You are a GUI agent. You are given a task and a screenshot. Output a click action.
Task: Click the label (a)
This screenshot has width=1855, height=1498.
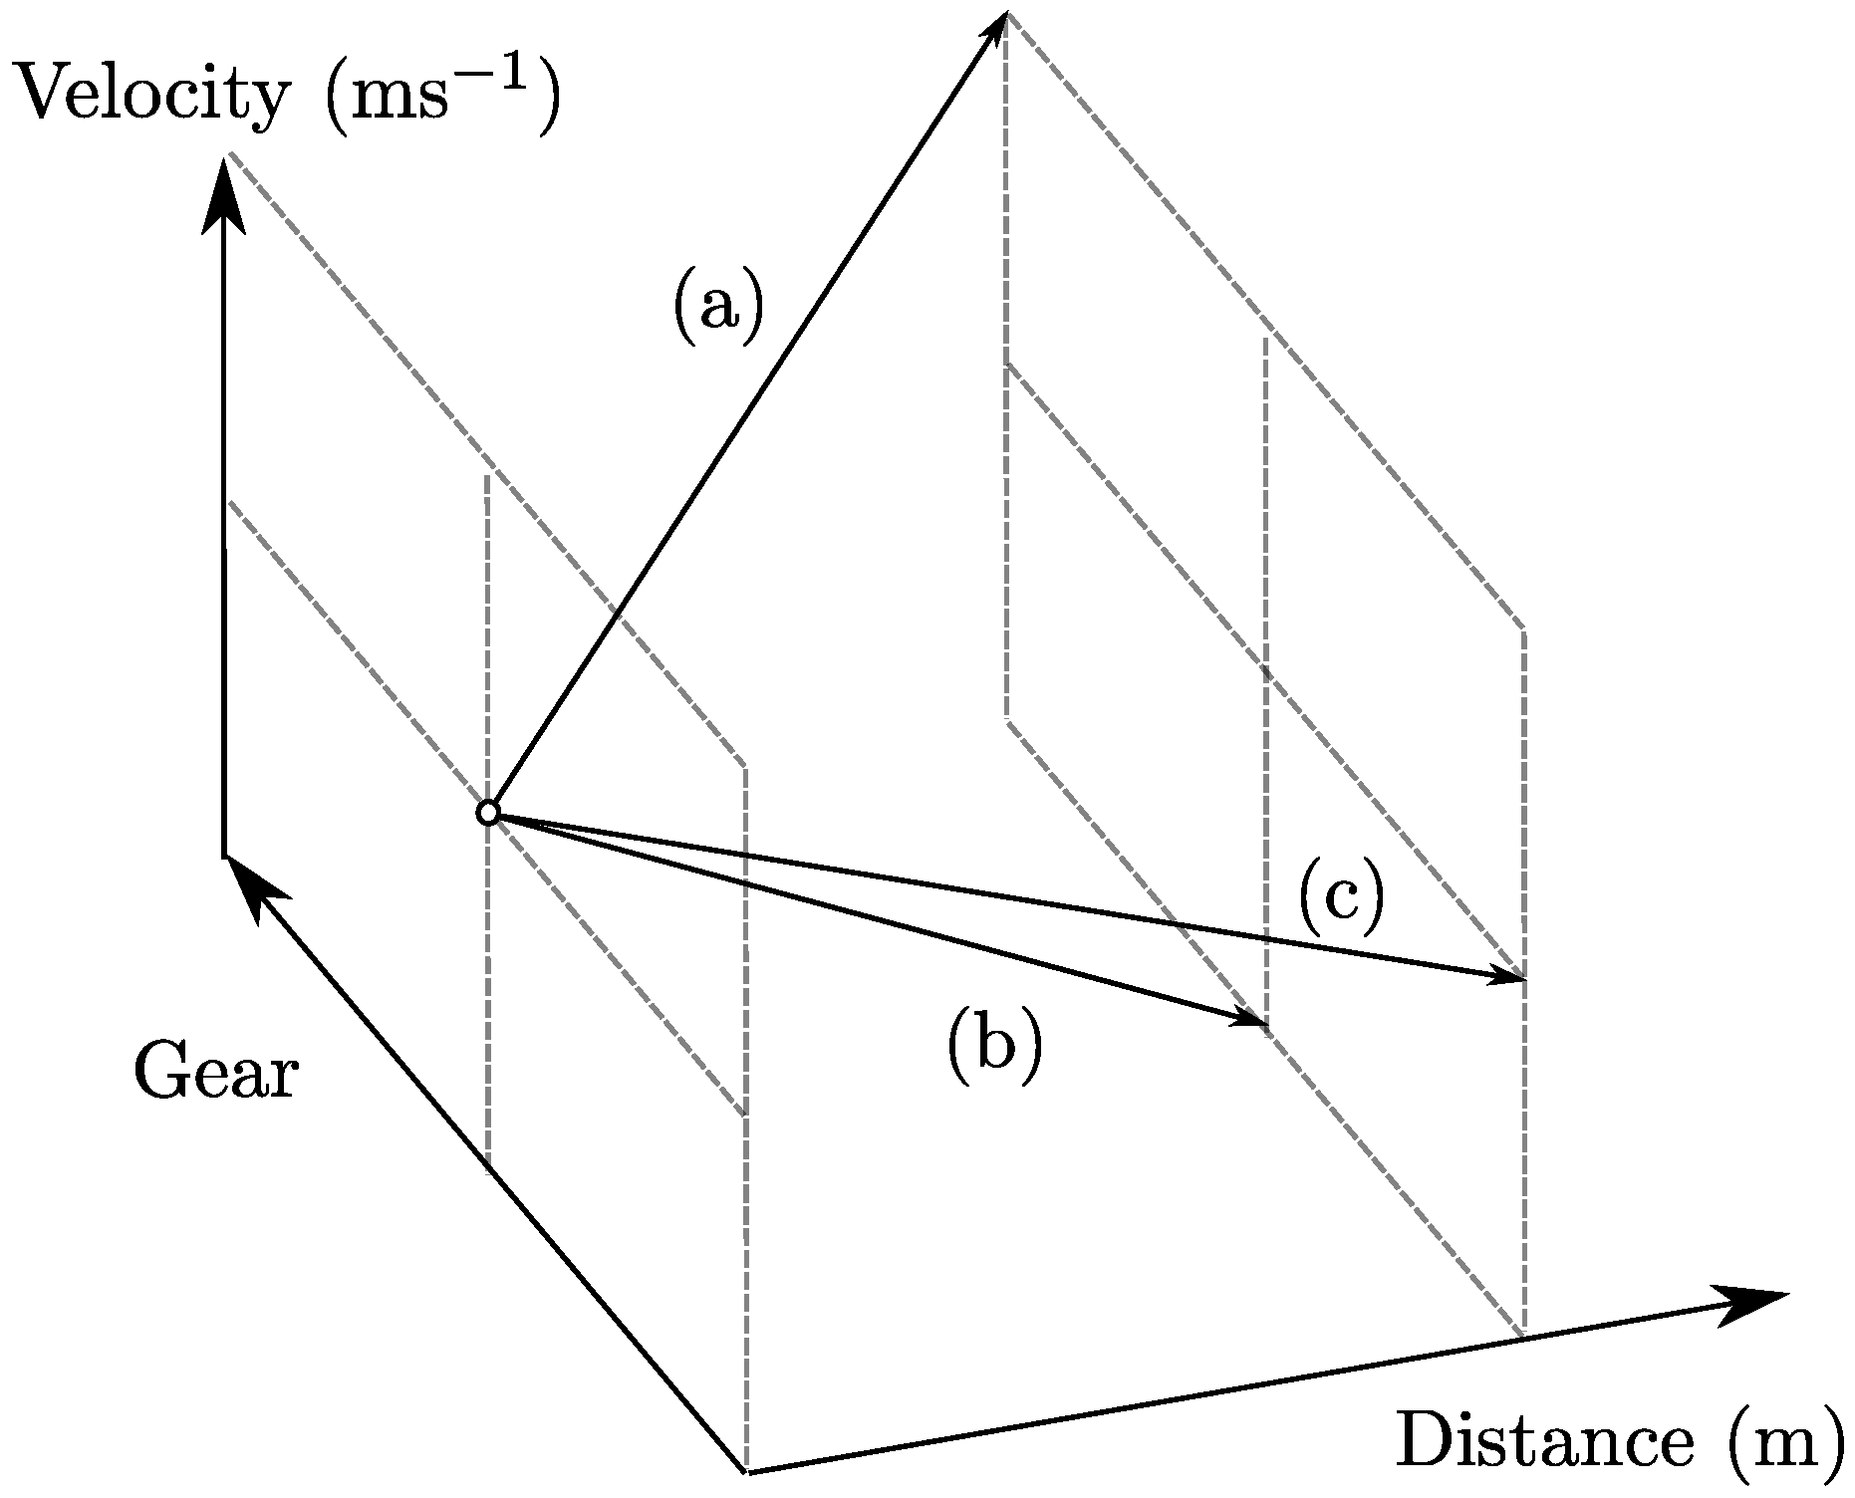(x=718, y=309)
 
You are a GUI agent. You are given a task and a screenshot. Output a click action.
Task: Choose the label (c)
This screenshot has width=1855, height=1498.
(x=1341, y=898)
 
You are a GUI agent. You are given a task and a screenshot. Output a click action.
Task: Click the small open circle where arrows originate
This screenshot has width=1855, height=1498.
(x=487, y=813)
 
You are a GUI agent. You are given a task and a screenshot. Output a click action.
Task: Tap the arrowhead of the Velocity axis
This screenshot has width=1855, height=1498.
(x=224, y=194)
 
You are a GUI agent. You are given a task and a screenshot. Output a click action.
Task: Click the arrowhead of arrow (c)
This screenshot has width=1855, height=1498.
(x=1508, y=976)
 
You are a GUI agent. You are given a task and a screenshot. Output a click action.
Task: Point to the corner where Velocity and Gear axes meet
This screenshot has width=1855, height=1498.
(x=224, y=855)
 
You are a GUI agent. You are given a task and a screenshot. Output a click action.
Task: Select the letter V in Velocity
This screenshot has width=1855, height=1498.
(x=40, y=97)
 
